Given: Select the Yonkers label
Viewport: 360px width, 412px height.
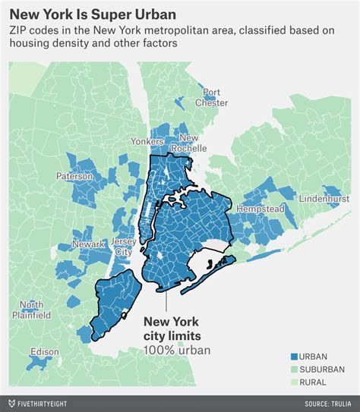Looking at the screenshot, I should tap(147, 142).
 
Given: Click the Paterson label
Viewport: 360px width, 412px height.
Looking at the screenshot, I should tap(74, 176).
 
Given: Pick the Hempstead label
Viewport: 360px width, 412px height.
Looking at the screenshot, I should tap(260, 208).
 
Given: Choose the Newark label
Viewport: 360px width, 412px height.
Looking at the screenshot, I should tap(88, 244).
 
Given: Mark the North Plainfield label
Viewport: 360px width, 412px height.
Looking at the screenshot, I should tap(36, 310).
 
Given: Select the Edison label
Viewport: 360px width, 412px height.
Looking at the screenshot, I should tap(44, 352).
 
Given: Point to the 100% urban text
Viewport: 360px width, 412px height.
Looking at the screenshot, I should tap(176, 350).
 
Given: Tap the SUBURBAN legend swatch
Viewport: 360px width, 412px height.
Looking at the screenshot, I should tap(293, 369).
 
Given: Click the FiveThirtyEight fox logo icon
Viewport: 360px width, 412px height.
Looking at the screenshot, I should tap(11, 401).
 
